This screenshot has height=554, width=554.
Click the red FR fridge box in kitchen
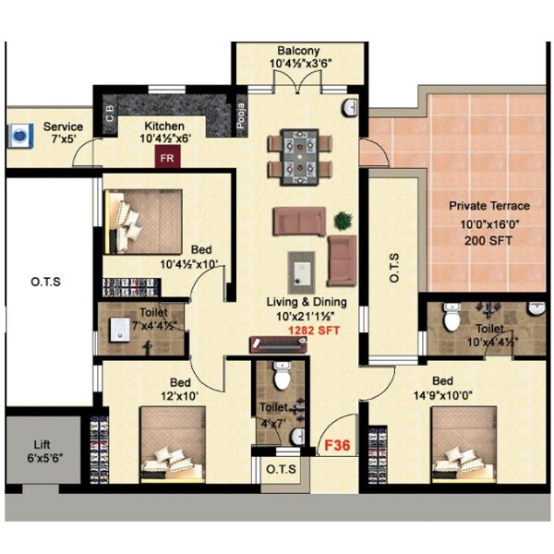(x=168, y=157)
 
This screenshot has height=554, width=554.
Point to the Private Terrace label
(x=489, y=206)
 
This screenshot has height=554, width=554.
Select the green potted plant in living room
(x=343, y=221)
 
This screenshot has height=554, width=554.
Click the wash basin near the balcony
(x=351, y=108)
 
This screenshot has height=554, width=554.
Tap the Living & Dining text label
(x=306, y=301)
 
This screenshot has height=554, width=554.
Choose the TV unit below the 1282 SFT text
(x=277, y=343)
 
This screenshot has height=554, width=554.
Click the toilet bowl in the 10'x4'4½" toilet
(x=452, y=318)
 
